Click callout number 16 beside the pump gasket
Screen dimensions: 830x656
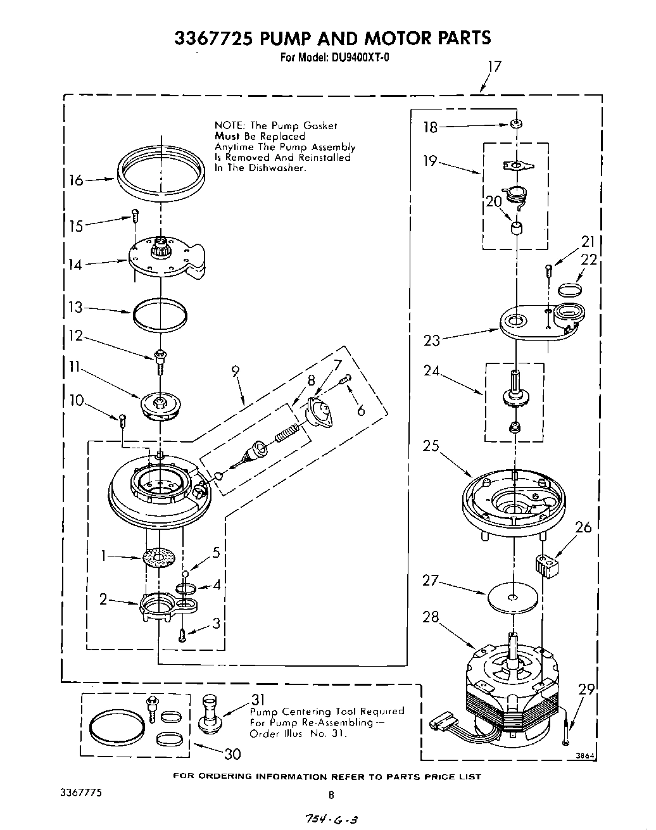pos(76,180)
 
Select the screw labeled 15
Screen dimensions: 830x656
pos(134,215)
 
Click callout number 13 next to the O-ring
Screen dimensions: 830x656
pos(75,308)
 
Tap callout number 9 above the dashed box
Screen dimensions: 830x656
pos(236,372)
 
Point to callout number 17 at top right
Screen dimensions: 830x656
pos(495,66)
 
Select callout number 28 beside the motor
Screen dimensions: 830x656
pos(431,617)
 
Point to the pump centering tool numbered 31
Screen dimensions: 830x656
pos(208,714)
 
